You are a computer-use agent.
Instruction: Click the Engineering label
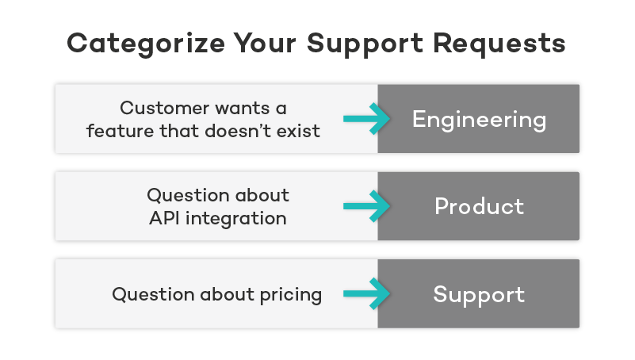(x=479, y=120)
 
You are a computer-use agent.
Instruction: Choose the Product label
(x=479, y=207)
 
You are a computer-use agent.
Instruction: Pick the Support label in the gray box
(x=479, y=295)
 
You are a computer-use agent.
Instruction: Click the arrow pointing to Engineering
(x=367, y=119)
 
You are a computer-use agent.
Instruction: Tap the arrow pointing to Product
(x=367, y=206)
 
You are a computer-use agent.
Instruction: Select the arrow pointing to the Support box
(x=367, y=294)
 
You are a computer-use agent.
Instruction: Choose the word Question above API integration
(x=184, y=195)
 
